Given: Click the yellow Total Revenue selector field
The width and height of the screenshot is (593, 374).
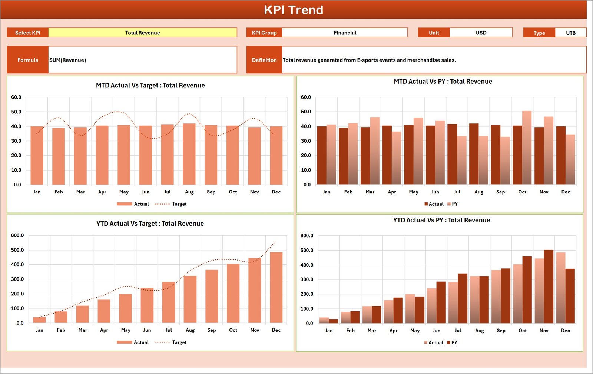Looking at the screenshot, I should coord(142,33).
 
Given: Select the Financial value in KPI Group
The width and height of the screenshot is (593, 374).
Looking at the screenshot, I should coord(345,33).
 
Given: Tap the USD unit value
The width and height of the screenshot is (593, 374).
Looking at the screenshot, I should coord(481,33).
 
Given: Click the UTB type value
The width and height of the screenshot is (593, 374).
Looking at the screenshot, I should coord(570,33).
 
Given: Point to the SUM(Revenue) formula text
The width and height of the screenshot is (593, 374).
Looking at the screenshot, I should coord(68,60).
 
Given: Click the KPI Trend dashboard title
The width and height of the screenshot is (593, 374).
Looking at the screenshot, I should coord(293,10).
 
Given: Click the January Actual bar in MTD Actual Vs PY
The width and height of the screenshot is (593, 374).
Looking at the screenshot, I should coord(322,155).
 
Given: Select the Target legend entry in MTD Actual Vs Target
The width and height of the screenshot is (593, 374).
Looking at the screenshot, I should coord(179,204).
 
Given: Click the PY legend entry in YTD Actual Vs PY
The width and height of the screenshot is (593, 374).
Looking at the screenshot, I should coord(454,342).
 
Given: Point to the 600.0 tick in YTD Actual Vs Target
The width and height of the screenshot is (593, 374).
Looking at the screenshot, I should coord(17,235).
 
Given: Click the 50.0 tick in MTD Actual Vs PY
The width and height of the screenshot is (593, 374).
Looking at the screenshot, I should coord(306,112).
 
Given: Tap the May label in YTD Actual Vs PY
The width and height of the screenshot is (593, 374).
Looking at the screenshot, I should coord(415,331).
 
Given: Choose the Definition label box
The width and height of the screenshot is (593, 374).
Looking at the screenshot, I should coord(264,60).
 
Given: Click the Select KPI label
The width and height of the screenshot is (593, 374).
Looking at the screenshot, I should coord(27,33).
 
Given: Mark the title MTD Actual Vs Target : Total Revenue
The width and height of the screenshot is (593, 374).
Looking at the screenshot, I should coord(150,85).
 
